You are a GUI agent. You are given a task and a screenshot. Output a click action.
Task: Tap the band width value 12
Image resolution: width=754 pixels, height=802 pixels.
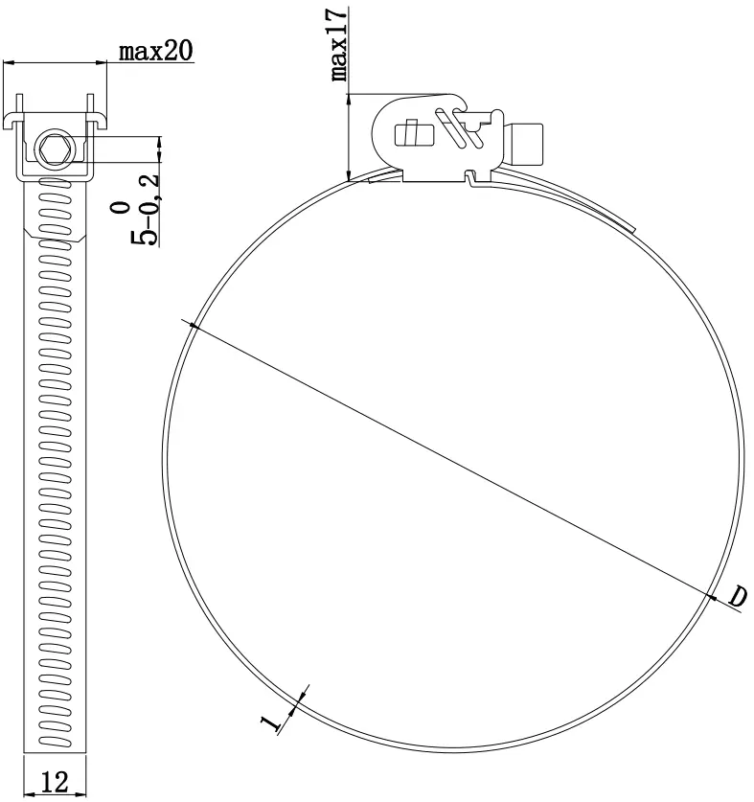(x=55, y=782)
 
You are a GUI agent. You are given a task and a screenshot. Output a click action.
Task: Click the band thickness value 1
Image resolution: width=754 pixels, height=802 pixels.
(x=271, y=720)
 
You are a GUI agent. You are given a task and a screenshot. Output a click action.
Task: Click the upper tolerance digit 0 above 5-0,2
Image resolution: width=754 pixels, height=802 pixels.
(x=118, y=206)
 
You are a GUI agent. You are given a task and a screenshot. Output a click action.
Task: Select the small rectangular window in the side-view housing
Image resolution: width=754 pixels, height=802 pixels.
(x=409, y=131)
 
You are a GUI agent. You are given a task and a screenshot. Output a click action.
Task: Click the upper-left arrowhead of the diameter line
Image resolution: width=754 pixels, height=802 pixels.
(x=194, y=327)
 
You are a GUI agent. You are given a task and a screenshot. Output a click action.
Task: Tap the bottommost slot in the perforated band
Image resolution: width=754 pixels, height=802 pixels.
(x=55, y=747)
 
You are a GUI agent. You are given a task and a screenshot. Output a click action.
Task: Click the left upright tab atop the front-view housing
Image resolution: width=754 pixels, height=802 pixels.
(x=20, y=103)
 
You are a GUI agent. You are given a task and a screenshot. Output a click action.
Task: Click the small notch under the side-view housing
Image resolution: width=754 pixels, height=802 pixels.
(x=469, y=176)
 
